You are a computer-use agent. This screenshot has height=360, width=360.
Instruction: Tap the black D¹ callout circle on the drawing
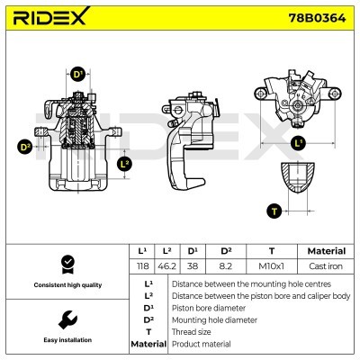coord(78,74)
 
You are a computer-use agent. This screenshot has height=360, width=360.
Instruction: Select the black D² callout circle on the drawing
coord(25,146)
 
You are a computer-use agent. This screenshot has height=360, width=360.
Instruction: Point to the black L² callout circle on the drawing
coord(124,163)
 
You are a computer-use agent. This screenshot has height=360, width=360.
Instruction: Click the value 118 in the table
coord(142,267)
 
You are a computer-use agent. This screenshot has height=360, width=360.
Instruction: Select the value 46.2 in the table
coord(166,267)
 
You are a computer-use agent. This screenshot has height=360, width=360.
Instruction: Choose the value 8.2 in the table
coord(227,267)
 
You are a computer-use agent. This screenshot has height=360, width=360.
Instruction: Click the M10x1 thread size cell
coord(272,267)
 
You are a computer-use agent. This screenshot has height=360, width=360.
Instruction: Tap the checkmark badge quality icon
coord(66,264)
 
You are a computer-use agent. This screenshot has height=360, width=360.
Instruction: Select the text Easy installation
coord(66,340)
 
